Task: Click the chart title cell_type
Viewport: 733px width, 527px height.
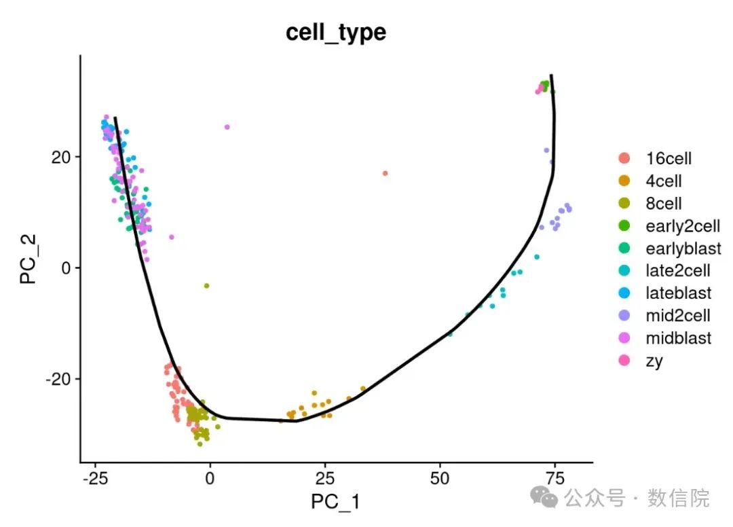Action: coord(336,31)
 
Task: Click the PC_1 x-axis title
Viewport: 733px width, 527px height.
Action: coord(335,501)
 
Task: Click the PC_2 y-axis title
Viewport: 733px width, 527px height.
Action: coord(28,257)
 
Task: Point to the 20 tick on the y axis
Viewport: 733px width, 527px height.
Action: coord(62,157)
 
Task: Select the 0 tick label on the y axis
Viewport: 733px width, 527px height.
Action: coord(67,268)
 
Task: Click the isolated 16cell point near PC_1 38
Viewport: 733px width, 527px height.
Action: coord(385,173)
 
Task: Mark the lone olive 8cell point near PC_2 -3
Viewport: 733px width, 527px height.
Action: coord(206,286)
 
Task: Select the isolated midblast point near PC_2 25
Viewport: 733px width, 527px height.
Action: coord(227,127)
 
